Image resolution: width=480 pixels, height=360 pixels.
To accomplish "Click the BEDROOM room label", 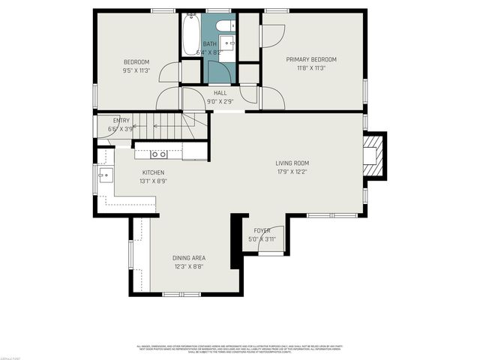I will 137,61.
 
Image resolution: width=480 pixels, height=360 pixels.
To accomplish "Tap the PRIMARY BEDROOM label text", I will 311,59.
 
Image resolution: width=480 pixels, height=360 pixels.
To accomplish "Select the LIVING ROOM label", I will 292,163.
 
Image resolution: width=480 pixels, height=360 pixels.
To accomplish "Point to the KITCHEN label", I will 153,172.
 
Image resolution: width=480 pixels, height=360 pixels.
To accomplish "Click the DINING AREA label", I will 189,258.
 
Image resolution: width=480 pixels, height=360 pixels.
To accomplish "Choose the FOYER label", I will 262,230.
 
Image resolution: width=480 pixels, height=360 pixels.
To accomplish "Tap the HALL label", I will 220,93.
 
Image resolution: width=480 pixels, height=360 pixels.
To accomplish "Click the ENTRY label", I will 121,120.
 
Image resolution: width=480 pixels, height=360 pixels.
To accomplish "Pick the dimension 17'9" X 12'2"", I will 292,172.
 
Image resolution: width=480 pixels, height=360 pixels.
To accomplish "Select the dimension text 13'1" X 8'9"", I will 153,181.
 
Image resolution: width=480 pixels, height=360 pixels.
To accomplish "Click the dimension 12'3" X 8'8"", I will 189,266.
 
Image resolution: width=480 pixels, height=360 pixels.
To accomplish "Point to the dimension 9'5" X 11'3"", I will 137,70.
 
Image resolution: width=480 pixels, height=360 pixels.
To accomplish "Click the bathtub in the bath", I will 190,34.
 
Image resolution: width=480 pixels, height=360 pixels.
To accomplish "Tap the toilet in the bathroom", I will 223,28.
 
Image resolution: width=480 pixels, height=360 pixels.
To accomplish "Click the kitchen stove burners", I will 158,154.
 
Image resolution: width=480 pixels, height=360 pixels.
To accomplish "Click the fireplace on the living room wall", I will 375,155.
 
